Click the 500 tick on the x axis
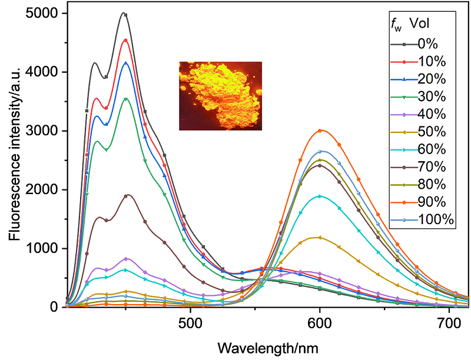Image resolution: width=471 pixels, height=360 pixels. pos(190,323)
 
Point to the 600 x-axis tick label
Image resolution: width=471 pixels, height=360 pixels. pos(320,323)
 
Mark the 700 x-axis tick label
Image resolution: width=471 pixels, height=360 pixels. pos(449,323)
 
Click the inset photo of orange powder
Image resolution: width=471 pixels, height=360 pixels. pos(220,96)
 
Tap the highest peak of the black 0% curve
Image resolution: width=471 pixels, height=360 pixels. pos(123,13)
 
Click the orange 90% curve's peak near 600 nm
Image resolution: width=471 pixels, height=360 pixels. pos(320,130)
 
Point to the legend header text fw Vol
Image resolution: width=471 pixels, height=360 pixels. pos(406,26)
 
